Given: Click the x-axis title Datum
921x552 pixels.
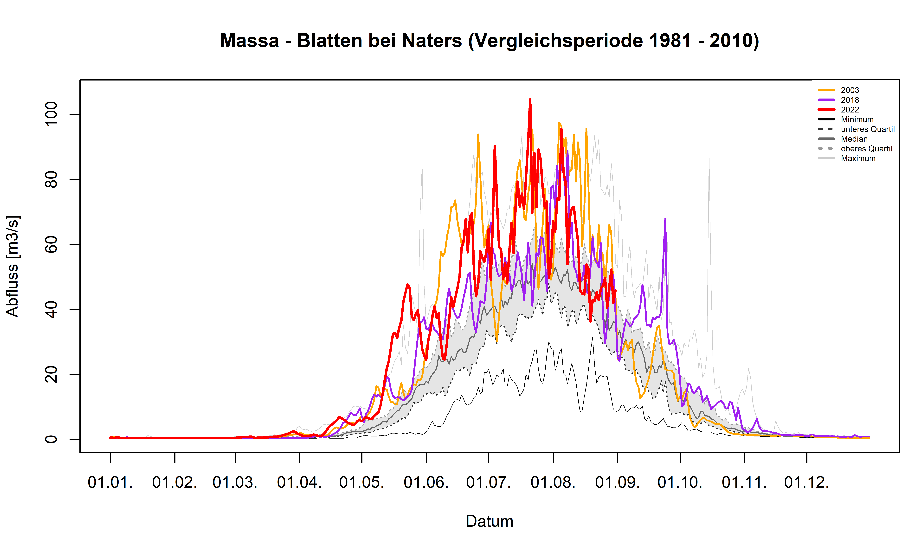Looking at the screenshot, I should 489,521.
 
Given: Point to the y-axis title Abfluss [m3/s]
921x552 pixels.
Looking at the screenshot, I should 12,266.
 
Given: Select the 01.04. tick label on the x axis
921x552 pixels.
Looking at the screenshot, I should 299,482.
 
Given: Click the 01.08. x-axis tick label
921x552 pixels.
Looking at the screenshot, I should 553,482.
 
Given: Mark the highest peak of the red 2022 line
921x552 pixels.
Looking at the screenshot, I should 530,100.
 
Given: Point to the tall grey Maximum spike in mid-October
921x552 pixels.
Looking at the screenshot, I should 709,153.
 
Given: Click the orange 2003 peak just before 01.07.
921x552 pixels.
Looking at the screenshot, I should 478,135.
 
